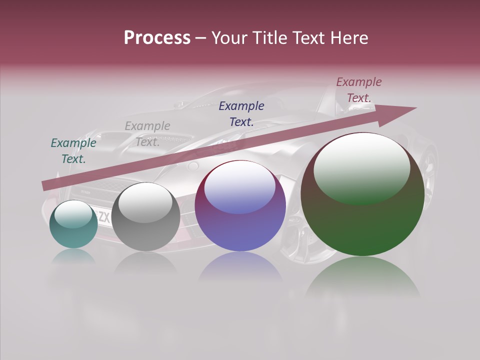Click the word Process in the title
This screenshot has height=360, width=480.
point(157,38)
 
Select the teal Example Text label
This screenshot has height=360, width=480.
point(73,151)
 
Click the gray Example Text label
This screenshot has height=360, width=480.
point(147,134)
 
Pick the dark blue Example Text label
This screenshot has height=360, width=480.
point(241,113)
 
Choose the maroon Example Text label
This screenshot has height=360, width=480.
point(359,90)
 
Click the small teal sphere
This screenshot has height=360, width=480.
point(73,225)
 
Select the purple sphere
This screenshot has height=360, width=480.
point(240,206)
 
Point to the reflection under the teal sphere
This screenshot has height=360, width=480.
point(73,257)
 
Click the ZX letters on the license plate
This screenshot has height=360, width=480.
point(104,217)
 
